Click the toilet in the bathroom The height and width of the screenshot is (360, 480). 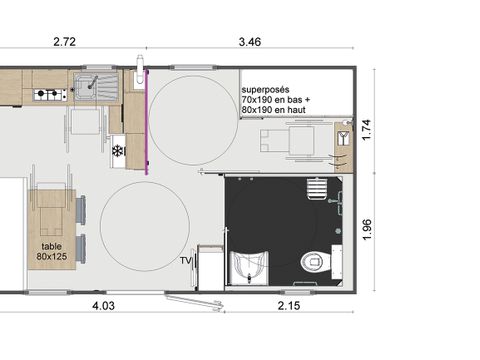pyautogui.click(x=314, y=261)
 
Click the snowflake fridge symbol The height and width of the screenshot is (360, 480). pyautogui.click(x=118, y=151)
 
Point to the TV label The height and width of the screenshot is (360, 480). pyautogui.click(x=185, y=261)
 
